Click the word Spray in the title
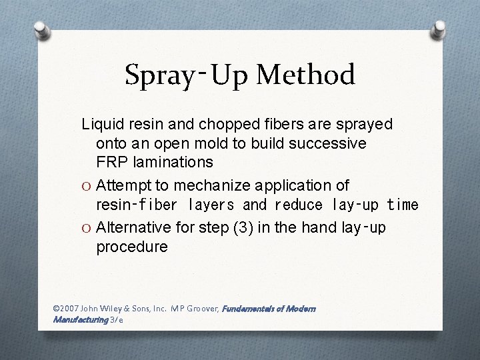pos(157,75)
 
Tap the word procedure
pos(132,247)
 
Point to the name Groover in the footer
pos(201,309)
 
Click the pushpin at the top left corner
pos(41,29)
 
